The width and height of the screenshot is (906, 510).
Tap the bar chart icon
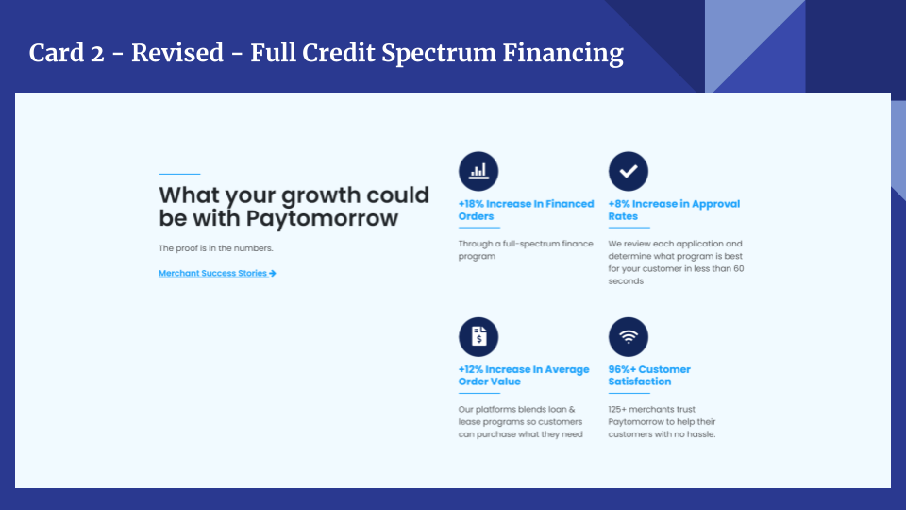(x=478, y=171)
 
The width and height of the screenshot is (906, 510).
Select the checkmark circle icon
(x=629, y=171)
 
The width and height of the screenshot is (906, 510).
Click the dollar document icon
(x=478, y=337)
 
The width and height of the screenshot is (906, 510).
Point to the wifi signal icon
(x=629, y=337)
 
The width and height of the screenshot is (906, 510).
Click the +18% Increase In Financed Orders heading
(x=526, y=210)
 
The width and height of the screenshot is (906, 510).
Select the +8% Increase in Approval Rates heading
(x=674, y=210)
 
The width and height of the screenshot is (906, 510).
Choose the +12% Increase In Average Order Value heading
(x=523, y=376)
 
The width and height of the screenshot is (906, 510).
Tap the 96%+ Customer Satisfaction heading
(x=649, y=376)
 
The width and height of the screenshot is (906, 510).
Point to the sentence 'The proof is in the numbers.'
(x=215, y=248)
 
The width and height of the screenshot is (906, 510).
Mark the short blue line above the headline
(x=179, y=174)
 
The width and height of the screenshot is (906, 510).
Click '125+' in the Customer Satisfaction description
(x=620, y=409)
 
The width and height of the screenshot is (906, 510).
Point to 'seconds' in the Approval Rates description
(x=626, y=280)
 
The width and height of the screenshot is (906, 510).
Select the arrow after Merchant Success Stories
(x=273, y=273)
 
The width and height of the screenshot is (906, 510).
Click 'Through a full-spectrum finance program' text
(x=525, y=249)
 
